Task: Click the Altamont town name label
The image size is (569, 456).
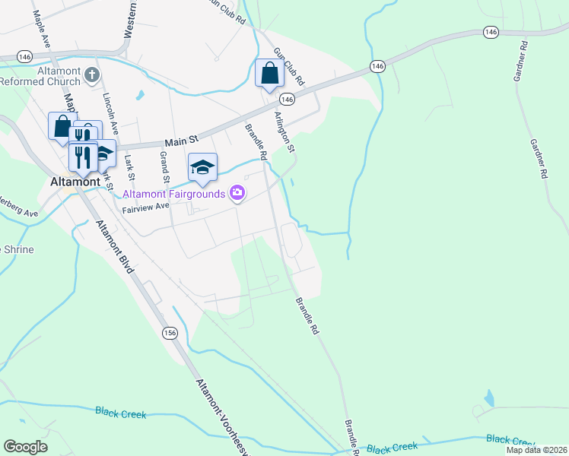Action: (x=74, y=182)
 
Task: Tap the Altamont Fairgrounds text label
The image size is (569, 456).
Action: (x=175, y=194)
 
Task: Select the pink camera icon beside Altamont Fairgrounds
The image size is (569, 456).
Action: (x=237, y=193)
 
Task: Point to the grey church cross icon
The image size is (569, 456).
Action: (x=91, y=74)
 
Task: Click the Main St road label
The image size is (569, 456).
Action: (x=181, y=140)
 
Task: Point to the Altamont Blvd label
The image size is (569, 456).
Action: (x=114, y=247)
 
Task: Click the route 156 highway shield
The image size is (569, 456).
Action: (x=170, y=333)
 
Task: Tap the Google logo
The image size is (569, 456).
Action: (x=25, y=447)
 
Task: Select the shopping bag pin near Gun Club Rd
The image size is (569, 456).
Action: (x=269, y=74)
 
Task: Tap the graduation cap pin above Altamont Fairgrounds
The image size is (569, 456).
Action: (x=202, y=167)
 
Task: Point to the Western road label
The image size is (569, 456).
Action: (x=132, y=19)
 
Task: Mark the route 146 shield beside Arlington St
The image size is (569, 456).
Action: (x=287, y=100)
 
